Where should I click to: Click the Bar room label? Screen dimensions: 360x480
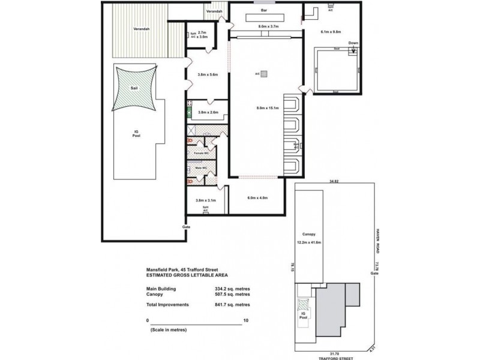(x=263, y=11)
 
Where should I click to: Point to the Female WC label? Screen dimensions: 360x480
(x=200, y=153)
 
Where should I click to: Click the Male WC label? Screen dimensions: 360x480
(x=200, y=168)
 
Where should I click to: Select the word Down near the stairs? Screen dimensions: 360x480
(x=352, y=43)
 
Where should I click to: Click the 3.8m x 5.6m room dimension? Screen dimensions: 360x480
(x=206, y=75)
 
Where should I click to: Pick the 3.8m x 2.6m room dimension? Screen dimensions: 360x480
(x=206, y=112)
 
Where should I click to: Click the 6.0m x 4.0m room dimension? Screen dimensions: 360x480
(x=257, y=197)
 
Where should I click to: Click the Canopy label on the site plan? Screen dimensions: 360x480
(x=309, y=235)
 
